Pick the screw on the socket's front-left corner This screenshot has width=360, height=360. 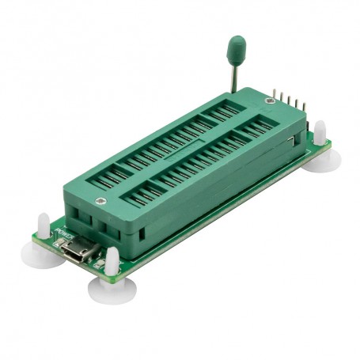99,182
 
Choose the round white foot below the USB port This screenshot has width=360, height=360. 109,292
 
